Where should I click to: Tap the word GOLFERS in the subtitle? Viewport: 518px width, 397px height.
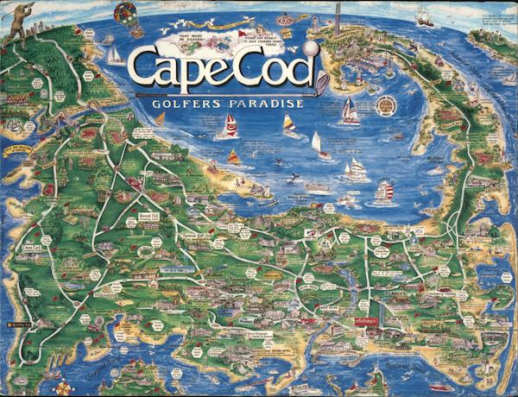pos(188,104)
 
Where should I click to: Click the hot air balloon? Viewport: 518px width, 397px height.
pos(123,14)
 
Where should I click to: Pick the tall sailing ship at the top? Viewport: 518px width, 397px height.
pos(424,16)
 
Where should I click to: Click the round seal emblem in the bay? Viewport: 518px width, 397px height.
pos(387,105)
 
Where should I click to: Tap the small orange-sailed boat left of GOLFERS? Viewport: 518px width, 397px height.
pos(159,118)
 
